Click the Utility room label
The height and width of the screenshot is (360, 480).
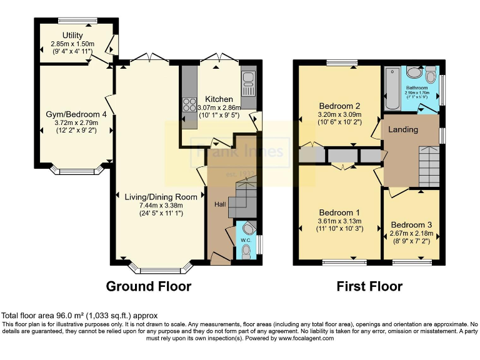point(72,35)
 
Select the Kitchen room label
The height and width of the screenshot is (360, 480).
point(219,99)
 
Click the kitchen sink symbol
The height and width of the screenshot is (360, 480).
point(248,79)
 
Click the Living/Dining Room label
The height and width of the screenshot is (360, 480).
point(161,197)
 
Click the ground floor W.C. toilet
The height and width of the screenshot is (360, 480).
point(246,251)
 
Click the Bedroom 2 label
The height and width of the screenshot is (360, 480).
point(336,105)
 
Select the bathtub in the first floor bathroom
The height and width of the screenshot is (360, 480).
point(392,87)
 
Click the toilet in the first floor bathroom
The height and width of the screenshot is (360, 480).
point(430,76)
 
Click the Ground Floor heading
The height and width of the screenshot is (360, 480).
point(148,286)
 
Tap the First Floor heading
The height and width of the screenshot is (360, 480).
point(369,286)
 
